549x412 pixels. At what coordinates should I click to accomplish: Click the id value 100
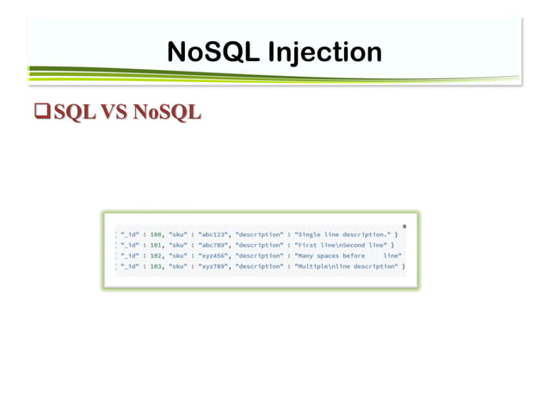(157, 234)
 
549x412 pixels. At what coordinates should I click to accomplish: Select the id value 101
(157, 245)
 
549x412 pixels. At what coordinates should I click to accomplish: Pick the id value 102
(157, 256)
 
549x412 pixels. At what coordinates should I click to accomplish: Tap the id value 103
(157, 267)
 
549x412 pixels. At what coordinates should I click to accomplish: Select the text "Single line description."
(342, 234)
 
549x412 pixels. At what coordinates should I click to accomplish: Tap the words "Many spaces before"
(330, 256)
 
